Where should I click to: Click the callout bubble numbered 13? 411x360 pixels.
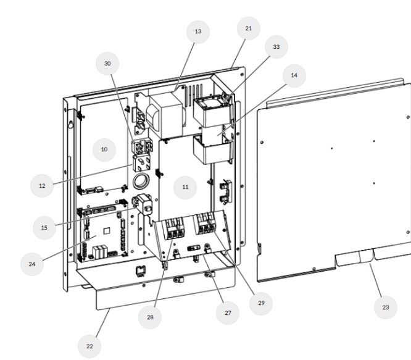[x=198, y=31]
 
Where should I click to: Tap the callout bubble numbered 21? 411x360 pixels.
[x=249, y=28]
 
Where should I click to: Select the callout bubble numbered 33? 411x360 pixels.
[x=276, y=47]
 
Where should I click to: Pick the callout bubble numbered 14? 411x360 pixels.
[x=294, y=75]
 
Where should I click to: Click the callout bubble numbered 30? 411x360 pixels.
[x=107, y=64]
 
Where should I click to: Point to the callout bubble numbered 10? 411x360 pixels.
[x=104, y=149]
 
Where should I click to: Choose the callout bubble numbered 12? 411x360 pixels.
[x=42, y=186]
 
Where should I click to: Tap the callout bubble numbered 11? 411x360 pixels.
[x=185, y=187]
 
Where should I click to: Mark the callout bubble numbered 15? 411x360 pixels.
[x=44, y=228]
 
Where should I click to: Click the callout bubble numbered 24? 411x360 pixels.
[x=32, y=264]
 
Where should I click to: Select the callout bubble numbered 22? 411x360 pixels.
[x=89, y=346]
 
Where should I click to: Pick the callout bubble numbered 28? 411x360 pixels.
[x=150, y=317]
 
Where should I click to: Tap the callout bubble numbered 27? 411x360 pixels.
[x=228, y=313]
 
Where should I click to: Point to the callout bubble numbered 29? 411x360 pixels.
[x=261, y=303]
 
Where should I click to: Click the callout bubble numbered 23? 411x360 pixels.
[x=386, y=308]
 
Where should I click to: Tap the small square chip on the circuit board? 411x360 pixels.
[x=107, y=231]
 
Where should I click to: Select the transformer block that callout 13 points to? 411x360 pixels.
[x=165, y=115]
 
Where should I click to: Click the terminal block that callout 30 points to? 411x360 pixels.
[x=142, y=147]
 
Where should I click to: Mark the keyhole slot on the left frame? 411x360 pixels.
[x=70, y=123]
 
